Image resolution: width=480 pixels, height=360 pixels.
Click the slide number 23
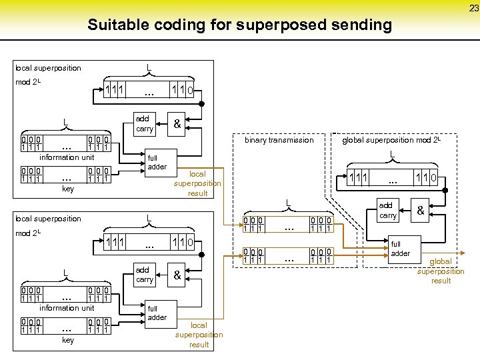point(473,8)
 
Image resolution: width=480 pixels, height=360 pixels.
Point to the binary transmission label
point(279,140)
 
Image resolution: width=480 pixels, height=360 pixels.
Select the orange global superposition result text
point(441,271)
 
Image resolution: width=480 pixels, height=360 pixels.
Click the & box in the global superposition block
point(421,211)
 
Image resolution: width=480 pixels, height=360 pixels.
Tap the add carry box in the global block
point(387,211)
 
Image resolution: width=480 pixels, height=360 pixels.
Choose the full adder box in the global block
point(401,249)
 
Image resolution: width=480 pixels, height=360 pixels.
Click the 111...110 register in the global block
point(393,178)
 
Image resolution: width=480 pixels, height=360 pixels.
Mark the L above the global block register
point(392,155)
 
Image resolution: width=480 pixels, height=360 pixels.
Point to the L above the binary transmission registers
point(287,203)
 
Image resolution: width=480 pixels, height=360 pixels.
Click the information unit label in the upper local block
point(67,157)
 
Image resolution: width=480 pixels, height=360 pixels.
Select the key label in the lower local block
point(67,340)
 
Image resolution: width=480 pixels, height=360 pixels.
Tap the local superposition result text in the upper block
point(197,183)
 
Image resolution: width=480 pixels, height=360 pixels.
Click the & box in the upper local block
point(177,123)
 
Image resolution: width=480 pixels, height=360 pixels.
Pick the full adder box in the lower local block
point(157,313)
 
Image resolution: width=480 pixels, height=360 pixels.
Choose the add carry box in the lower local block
point(144,275)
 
